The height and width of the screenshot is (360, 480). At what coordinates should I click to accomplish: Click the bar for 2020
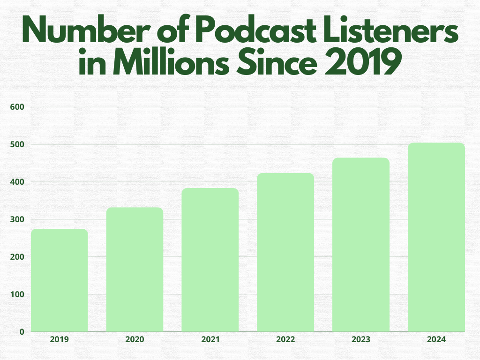[x=135, y=270]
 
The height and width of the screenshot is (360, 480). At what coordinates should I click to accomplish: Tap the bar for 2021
[x=210, y=260]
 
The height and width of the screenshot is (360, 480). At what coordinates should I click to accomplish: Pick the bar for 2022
[x=285, y=253]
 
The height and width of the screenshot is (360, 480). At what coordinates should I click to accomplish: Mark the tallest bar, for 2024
[x=436, y=237]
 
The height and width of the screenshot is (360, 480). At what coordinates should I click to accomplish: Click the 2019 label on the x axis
[x=60, y=339]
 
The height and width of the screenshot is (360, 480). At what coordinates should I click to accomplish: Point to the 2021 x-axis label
[x=210, y=339]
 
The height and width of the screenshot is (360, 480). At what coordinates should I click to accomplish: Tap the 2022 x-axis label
[x=285, y=339]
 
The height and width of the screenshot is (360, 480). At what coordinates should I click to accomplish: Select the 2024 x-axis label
[x=436, y=339]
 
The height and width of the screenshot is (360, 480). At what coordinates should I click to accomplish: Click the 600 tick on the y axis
[x=17, y=107]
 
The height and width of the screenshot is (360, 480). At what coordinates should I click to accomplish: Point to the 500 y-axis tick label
[x=17, y=144]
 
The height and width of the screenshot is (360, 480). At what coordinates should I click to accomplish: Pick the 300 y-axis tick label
[x=17, y=219]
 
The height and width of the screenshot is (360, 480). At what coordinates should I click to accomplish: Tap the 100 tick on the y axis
[x=17, y=294]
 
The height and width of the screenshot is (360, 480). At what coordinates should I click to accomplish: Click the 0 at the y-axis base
[x=22, y=332]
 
